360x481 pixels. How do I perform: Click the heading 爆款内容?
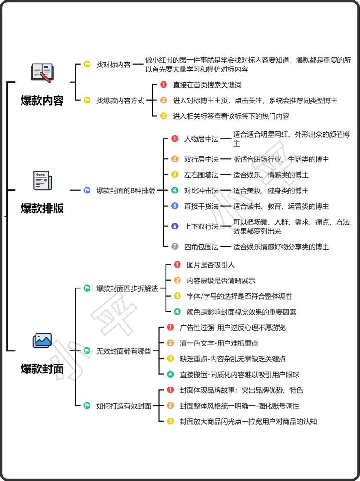[42, 101]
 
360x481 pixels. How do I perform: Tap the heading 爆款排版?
[42, 209]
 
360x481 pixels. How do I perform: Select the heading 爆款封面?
[42, 369]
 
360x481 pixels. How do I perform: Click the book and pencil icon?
[42, 73]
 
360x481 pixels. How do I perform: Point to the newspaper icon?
[42, 181]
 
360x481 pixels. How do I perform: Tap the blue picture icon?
[42, 340]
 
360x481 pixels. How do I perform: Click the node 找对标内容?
[113, 64]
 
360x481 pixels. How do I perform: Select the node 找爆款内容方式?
[120, 101]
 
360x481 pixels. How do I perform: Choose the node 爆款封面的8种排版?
[126, 190]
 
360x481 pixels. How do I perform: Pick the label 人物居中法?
[201, 139]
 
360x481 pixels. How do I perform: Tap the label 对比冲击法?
[201, 190]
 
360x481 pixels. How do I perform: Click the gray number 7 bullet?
[175, 247]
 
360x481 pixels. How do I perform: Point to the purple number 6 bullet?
[175, 226]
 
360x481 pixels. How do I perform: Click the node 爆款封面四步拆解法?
[127, 288]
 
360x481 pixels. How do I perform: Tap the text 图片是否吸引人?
[211, 265]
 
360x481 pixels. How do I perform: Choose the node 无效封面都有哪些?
[124, 351]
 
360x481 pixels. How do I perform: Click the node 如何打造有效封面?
[124, 405]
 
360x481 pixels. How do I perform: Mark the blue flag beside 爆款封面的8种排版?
[87, 190]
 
